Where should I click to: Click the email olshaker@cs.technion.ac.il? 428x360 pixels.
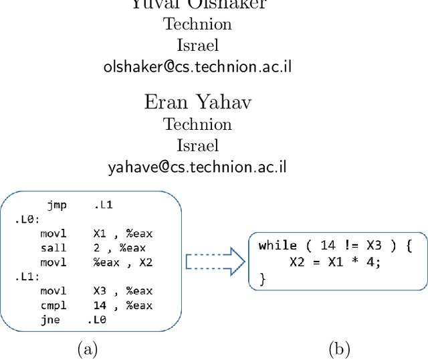tap(198, 66)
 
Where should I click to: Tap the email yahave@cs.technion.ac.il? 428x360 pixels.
tap(198, 167)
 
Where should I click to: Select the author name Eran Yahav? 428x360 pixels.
tap(198, 102)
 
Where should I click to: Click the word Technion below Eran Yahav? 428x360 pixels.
tap(198, 124)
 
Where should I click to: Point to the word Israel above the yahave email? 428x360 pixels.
tap(198, 145)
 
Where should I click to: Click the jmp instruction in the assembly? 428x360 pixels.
tap(57, 205)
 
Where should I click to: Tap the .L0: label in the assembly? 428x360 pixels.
tap(27, 219)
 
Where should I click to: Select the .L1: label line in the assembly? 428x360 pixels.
tap(27, 276)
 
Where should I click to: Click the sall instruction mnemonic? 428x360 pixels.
tap(53, 248)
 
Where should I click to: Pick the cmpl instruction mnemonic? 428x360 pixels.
tap(53, 305)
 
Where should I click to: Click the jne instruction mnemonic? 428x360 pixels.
tap(49, 320)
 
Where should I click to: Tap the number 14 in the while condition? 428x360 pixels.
tap(313, 246)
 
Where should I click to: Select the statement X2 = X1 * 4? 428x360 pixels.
tap(335, 262)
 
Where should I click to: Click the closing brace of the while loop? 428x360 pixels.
tap(262, 278)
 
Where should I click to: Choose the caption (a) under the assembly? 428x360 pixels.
tap(88, 348)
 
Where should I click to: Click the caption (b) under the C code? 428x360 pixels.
tap(339, 348)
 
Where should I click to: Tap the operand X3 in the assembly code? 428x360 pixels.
tap(100, 291)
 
